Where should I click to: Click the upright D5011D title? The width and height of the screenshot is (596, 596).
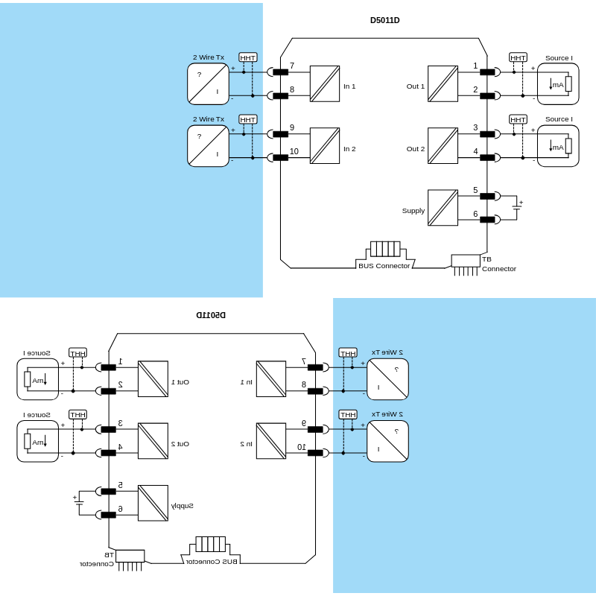tap(384, 20)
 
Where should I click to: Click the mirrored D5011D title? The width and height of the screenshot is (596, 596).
tap(211, 315)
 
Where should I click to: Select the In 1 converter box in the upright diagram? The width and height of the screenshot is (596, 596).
tap(325, 84)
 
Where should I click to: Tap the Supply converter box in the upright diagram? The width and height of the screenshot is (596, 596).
tap(443, 208)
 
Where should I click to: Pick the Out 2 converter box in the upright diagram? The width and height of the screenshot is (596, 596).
tap(443, 146)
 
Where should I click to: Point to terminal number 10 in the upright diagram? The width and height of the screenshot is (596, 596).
tap(294, 151)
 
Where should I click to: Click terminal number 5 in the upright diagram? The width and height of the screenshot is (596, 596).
tap(475, 190)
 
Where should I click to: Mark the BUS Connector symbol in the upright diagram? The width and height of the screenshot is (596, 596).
tap(385, 249)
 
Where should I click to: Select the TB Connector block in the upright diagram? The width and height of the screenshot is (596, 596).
tap(466, 261)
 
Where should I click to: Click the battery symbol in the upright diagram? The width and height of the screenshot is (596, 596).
tap(516, 208)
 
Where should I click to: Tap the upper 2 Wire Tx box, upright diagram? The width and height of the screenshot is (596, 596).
tap(208, 84)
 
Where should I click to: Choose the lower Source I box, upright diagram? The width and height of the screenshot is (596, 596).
tap(558, 146)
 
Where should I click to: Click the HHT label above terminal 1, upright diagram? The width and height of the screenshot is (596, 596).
tap(518, 57)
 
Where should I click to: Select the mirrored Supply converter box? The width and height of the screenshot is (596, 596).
tap(153, 503)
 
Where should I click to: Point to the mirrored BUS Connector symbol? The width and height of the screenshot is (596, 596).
tap(211, 544)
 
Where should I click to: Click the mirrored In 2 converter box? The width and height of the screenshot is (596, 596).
tap(271, 441)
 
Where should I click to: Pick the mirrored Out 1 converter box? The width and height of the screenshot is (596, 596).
tap(153, 379)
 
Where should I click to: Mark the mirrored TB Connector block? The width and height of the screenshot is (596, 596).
tap(130, 556)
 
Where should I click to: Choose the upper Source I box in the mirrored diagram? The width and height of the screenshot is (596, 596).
tap(38, 379)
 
